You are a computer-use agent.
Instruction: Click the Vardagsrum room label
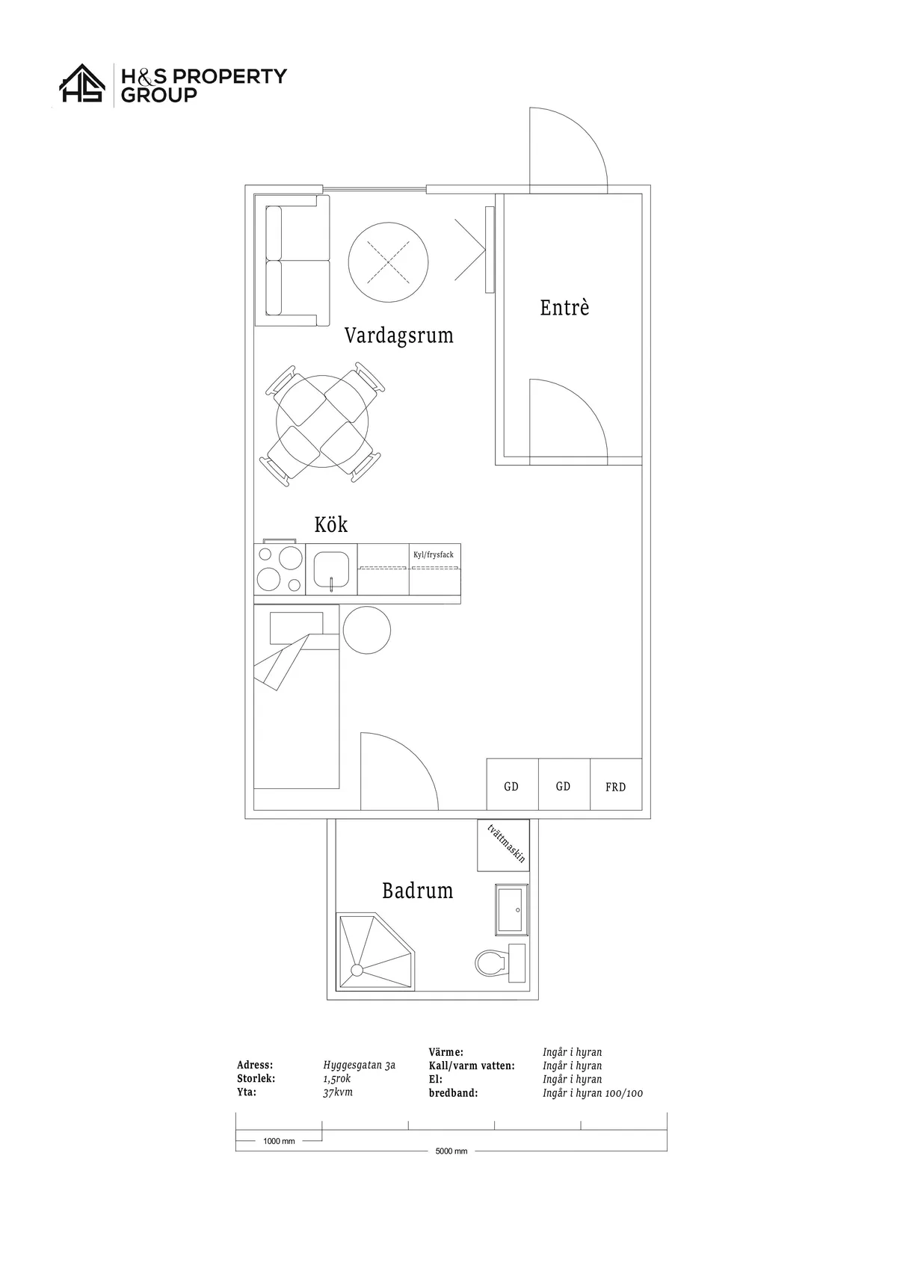point(398,335)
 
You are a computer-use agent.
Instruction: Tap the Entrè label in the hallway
point(564,307)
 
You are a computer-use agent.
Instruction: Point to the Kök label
point(330,525)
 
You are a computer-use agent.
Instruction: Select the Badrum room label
point(417,891)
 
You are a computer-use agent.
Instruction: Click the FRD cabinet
point(615,785)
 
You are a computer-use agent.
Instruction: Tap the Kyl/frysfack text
point(434,554)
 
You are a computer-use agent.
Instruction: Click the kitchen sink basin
point(331,569)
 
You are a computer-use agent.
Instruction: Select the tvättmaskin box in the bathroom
point(503,845)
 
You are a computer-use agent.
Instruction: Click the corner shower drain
point(357,970)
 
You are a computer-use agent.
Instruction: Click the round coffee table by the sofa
point(388,262)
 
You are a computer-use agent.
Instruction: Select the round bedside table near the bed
point(367,630)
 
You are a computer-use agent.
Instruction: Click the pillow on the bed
point(296,628)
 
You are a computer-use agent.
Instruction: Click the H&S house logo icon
point(83,83)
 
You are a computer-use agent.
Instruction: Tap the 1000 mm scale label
point(279,1141)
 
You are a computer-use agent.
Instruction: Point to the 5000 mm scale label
point(451,1151)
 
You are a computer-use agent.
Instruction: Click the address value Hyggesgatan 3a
point(359,1065)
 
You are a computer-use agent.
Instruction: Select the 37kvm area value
point(338,1092)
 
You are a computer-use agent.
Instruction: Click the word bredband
point(453,1092)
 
